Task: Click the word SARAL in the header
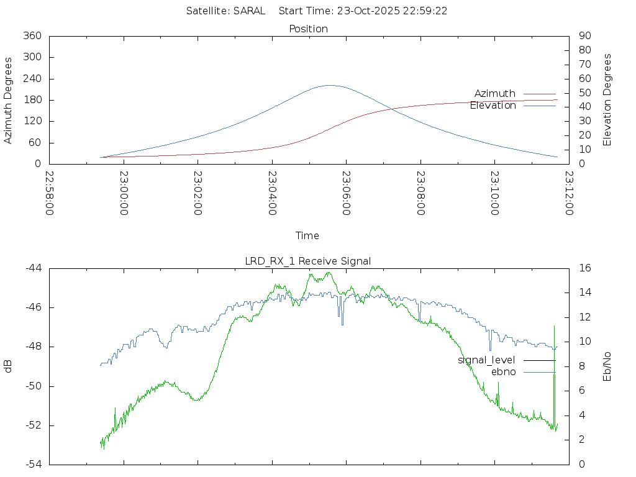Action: (249, 11)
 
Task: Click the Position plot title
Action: (309, 29)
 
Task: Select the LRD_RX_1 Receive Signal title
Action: (308, 261)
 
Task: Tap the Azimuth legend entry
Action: (495, 93)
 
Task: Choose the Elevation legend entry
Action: (493, 106)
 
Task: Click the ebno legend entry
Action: (503, 371)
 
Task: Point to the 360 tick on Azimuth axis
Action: (32, 36)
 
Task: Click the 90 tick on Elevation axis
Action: (584, 36)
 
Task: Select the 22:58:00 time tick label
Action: (50, 193)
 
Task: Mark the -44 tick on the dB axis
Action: (33, 268)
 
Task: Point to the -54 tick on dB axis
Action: (33, 464)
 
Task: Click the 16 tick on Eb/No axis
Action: (584, 268)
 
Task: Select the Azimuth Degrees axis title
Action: (9, 100)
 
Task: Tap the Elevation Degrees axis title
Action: (607, 100)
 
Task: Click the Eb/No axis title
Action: (607, 366)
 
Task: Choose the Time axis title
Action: (307, 235)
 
